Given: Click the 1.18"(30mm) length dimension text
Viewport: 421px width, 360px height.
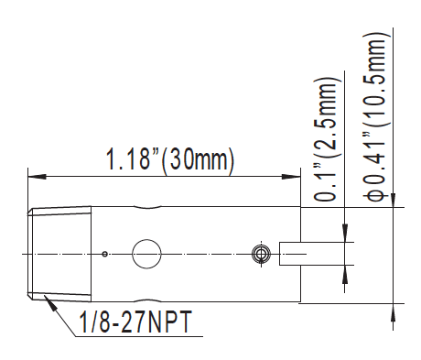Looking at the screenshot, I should coord(169,161).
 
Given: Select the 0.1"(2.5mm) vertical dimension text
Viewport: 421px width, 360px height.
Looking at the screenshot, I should coord(326,139).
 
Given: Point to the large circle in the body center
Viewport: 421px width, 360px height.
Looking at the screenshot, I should coord(146,253).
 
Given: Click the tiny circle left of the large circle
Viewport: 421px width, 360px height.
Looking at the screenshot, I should coord(106,253).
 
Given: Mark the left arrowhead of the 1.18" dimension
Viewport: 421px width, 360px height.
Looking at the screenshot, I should coord(34,177).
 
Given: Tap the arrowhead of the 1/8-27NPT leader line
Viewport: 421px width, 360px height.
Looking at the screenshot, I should coord(45,297).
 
